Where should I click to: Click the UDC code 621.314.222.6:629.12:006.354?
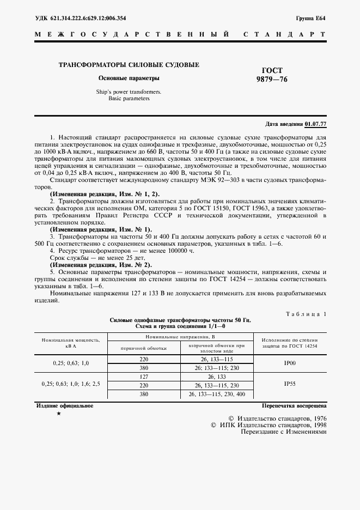(81, 18)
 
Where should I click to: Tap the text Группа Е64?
(311, 18)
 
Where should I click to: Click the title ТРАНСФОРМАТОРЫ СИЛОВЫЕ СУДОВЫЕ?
(129, 65)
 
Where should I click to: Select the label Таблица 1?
(306, 314)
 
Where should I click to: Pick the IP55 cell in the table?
(290, 384)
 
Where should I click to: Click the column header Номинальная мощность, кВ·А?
(70, 343)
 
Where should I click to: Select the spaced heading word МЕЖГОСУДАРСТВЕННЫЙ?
(131, 34)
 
